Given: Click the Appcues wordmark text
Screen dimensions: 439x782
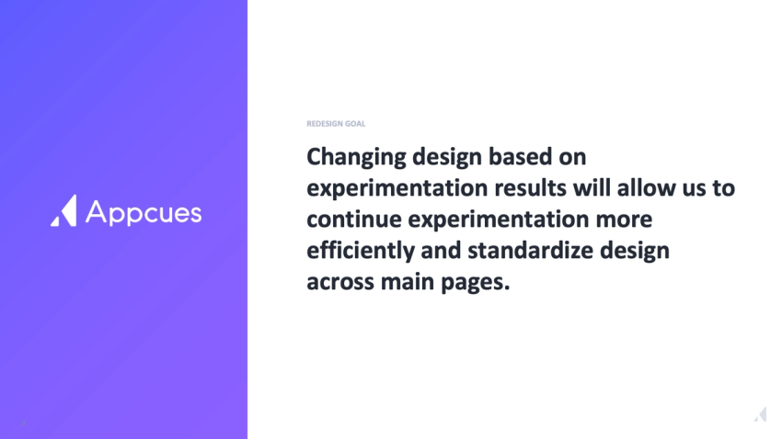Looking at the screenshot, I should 144,212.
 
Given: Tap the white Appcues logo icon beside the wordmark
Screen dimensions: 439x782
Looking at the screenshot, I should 63,210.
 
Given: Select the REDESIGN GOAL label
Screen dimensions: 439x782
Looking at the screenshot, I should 336,124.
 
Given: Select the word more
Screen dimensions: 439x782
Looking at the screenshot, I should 623,219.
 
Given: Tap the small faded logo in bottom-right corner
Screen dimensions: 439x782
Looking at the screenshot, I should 760,414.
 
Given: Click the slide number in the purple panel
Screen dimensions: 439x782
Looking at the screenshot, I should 23,423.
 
